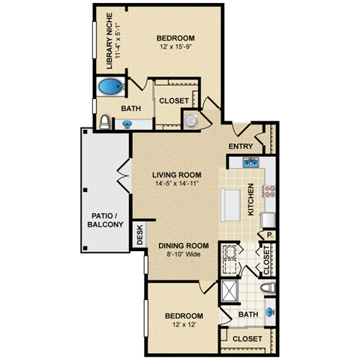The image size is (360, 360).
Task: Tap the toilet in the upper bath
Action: pos(103,121)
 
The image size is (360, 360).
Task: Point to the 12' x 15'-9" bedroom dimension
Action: pos(175,48)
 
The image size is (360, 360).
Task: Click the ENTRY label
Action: pos(241,146)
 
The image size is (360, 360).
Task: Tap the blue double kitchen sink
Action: pos(250,163)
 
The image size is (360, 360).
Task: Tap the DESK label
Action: pos(139,236)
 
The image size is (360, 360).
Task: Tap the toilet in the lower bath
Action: pos(263,288)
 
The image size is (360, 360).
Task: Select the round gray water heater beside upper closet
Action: pos(190,120)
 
